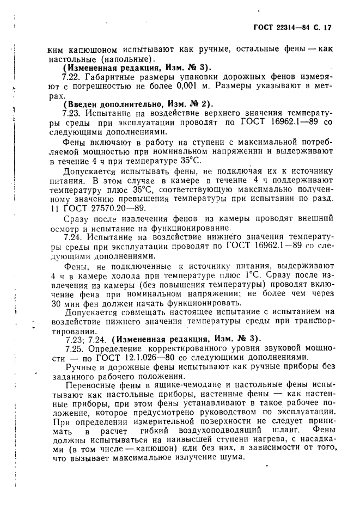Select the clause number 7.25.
(72, 348)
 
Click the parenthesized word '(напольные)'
(127, 59)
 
